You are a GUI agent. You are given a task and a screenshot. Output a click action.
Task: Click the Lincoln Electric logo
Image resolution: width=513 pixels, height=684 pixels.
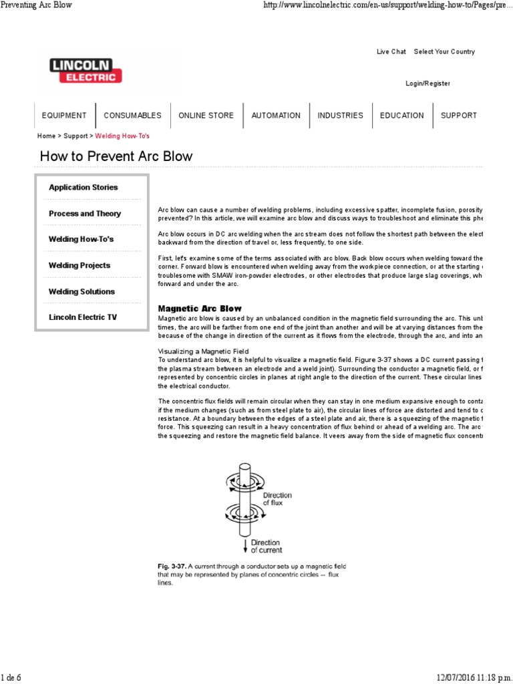(86, 71)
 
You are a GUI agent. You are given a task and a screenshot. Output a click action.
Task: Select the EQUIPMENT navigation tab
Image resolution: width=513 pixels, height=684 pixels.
(64, 116)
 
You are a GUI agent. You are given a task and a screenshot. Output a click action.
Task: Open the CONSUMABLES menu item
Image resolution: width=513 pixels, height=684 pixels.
(132, 116)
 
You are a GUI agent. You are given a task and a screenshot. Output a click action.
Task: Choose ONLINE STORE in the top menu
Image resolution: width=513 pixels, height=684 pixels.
(206, 116)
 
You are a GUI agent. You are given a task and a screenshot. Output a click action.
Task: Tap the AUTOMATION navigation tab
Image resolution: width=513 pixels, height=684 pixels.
(276, 116)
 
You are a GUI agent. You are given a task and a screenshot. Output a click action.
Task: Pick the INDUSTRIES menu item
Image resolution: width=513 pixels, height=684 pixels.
(340, 116)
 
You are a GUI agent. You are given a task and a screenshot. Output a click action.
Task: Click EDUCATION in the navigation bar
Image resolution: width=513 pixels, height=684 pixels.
(401, 116)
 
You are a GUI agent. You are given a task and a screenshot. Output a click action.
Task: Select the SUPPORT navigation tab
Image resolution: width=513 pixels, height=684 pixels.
(459, 116)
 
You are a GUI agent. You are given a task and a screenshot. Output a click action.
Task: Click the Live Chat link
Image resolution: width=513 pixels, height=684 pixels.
(391, 52)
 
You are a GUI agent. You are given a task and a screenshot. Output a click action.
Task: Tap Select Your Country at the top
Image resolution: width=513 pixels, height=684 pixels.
(444, 52)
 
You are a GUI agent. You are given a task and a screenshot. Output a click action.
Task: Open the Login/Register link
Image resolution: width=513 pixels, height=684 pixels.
(427, 83)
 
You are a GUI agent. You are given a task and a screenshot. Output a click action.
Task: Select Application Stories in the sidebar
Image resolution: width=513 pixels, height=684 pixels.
(83, 188)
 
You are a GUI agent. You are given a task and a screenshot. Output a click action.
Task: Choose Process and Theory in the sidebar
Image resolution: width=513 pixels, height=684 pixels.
(85, 214)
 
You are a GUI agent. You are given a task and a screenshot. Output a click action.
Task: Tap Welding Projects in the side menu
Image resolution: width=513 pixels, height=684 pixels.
(79, 266)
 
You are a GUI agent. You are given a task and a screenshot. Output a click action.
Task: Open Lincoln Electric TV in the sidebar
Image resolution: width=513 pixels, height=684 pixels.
(83, 317)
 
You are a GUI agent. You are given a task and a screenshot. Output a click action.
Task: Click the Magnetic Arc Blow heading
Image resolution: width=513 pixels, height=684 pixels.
(200, 309)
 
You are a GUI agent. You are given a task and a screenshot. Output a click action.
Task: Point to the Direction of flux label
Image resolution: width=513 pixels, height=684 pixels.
(277, 499)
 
